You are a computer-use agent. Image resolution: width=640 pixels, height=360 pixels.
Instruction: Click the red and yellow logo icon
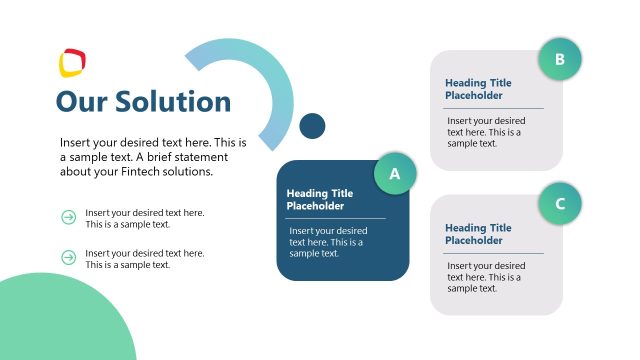(x=72, y=63)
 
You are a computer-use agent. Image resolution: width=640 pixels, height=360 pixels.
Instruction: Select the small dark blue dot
(x=313, y=125)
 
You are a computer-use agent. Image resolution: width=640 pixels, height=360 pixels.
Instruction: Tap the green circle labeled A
(x=395, y=174)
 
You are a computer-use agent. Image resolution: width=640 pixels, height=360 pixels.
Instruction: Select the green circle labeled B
(x=560, y=59)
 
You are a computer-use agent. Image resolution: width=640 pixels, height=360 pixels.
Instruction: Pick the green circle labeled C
(x=560, y=204)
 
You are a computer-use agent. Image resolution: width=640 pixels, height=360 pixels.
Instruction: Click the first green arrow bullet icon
(x=69, y=217)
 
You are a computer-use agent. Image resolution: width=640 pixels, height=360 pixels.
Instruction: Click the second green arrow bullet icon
(x=69, y=258)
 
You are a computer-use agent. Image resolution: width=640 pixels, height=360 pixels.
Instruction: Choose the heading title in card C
(x=478, y=235)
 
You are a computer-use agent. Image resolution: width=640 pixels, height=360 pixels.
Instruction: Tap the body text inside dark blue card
(x=326, y=242)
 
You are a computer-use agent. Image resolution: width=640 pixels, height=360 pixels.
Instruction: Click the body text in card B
(x=485, y=132)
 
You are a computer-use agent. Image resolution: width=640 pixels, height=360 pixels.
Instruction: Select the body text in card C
(x=485, y=277)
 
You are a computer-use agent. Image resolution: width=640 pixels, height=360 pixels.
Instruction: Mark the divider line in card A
(x=336, y=218)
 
